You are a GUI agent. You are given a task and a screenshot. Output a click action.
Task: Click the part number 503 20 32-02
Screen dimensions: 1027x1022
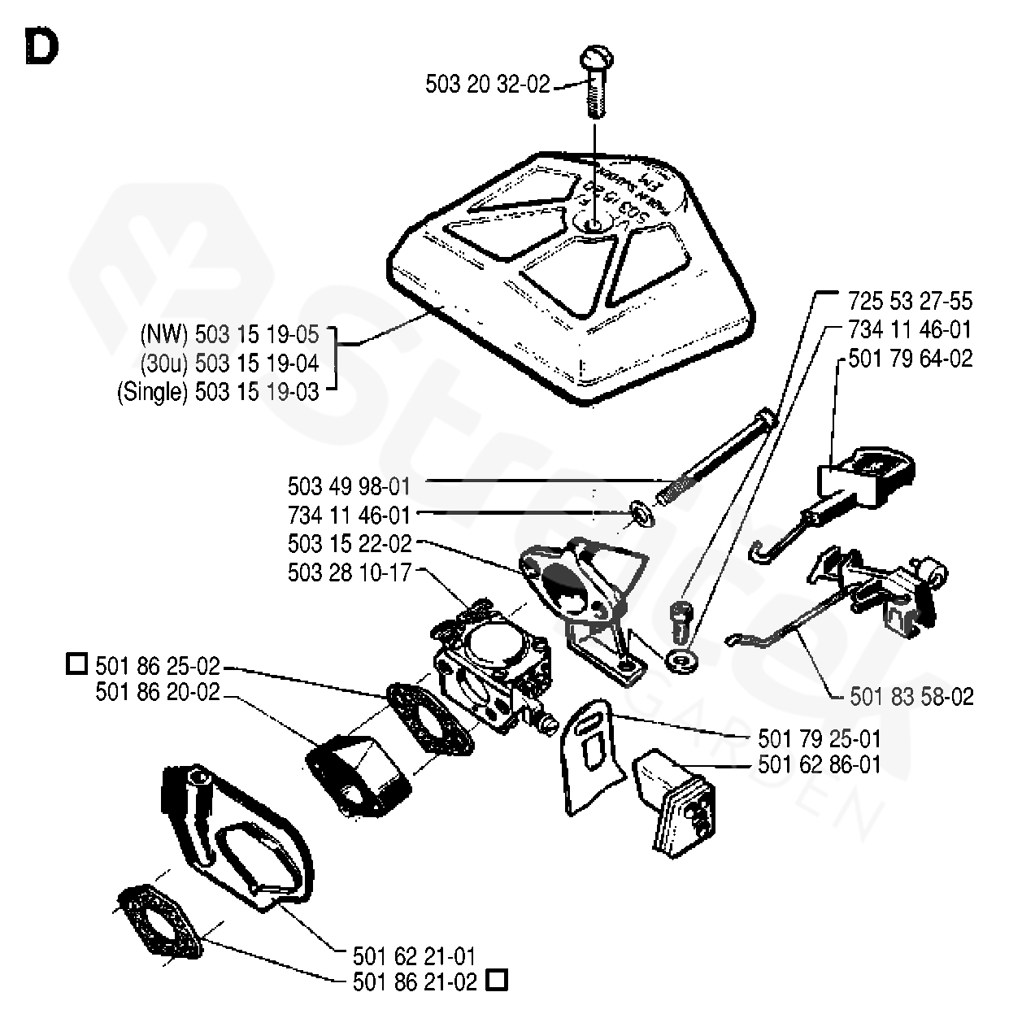[488, 84]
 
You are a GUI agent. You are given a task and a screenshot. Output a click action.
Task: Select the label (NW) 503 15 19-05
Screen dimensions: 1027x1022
[229, 334]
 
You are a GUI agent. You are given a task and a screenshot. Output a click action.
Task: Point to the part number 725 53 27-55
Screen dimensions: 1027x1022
[910, 301]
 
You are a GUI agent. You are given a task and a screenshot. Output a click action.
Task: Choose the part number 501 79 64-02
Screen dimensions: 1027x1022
[910, 359]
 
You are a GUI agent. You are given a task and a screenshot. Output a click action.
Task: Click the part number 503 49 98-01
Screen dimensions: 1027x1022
[350, 486]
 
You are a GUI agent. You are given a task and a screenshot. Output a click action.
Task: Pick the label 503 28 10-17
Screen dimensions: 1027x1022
[350, 572]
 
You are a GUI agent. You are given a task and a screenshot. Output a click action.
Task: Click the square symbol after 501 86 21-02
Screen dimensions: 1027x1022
[496, 981]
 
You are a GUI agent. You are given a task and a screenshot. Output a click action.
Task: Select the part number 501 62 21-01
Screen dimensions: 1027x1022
[415, 955]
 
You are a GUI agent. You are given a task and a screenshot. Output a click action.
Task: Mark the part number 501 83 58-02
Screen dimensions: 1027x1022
[911, 697]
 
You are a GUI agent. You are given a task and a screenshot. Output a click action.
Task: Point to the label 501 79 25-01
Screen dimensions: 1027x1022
[819, 739]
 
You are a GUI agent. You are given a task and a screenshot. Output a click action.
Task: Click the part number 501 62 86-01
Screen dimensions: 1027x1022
[819, 764]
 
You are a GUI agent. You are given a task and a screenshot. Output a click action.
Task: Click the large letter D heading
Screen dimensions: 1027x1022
[41, 47]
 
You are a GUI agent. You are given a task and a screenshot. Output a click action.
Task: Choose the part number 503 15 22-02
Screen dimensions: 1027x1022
[350, 543]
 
